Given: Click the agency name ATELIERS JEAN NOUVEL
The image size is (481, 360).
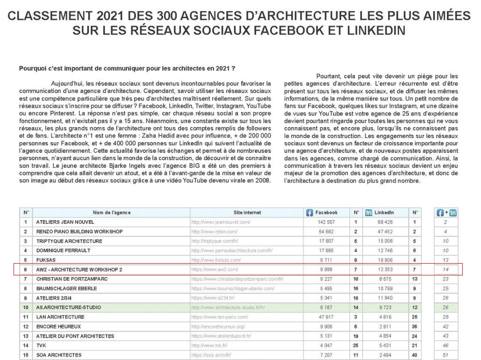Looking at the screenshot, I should [x=65, y=222].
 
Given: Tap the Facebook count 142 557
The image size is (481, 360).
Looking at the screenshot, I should [x=327, y=222].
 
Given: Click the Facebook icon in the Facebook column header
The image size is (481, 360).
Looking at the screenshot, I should [x=309, y=213].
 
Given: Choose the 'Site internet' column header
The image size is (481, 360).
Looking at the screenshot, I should [x=247, y=213].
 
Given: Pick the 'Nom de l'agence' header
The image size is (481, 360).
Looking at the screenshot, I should [x=112, y=213].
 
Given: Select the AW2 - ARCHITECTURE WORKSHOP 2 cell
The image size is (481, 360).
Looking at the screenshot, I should [x=79, y=269].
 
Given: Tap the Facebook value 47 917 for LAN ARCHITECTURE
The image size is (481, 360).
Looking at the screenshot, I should [x=327, y=317].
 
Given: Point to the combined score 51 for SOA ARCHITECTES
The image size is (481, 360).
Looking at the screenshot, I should [x=445, y=355].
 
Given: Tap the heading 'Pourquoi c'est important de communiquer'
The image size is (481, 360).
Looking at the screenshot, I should [x=126, y=68].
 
